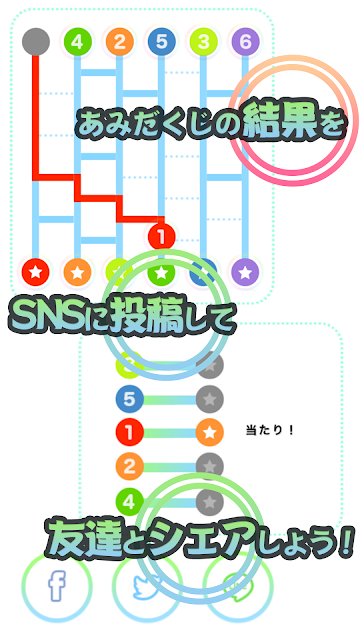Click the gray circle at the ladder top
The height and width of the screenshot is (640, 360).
pyautogui.click(x=36, y=42)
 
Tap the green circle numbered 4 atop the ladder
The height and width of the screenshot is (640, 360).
pyautogui.click(x=78, y=42)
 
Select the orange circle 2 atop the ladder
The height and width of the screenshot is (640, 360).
pyautogui.click(x=119, y=42)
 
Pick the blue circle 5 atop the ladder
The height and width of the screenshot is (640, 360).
pyautogui.click(x=162, y=42)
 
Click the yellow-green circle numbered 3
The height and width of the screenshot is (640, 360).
pyautogui.click(x=203, y=42)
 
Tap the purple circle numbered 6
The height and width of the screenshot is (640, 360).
pyautogui.click(x=245, y=42)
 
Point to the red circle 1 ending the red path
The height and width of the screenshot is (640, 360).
pyautogui.click(x=162, y=236)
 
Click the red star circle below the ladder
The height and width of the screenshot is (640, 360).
pyautogui.click(x=36, y=271)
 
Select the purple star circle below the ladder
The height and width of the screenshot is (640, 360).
pyautogui.click(x=245, y=271)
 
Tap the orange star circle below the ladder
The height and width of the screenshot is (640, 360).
pyautogui.click(x=78, y=271)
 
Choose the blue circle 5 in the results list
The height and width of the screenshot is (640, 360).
pyautogui.click(x=129, y=399)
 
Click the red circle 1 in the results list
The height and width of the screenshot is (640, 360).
pyautogui.click(x=129, y=432)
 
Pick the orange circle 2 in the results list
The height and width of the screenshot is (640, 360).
pyautogui.click(x=129, y=466)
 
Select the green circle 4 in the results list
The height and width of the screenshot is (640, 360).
pyautogui.click(x=129, y=500)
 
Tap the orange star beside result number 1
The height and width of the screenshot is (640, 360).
pyautogui.click(x=210, y=432)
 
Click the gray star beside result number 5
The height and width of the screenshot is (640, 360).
pyautogui.click(x=210, y=399)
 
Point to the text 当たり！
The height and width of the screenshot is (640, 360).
pyautogui.click(x=270, y=430)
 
